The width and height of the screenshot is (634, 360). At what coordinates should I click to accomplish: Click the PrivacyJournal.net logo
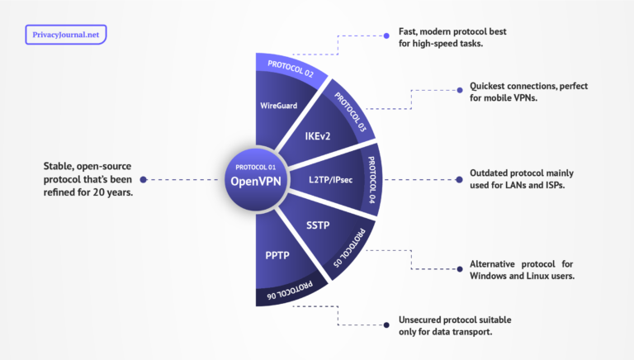[x=66, y=35]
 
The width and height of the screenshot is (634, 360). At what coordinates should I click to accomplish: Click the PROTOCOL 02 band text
[x=285, y=69]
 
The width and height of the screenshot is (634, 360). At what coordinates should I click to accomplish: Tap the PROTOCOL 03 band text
[x=350, y=110]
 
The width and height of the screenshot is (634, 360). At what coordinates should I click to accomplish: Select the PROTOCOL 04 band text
[x=371, y=179]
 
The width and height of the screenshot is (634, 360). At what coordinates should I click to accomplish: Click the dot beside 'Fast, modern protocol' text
[x=387, y=36]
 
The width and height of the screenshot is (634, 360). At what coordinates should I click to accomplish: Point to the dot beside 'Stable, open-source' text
[x=144, y=179]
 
